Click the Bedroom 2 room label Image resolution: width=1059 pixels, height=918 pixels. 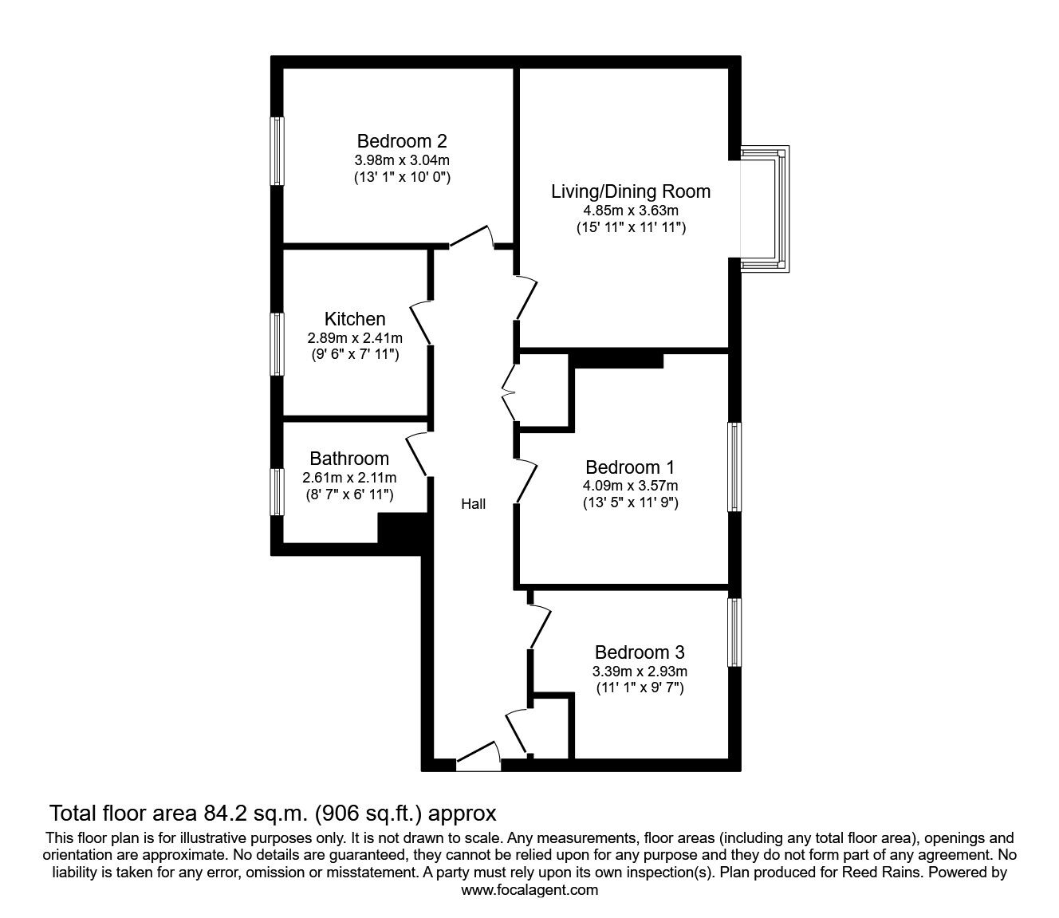[x=402, y=140]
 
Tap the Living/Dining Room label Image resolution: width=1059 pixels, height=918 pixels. [x=631, y=191]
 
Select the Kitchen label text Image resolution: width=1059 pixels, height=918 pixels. [x=355, y=319]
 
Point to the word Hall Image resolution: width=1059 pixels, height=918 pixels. [x=473, y=504]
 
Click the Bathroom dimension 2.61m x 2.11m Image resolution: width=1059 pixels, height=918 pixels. [x=349, y=478]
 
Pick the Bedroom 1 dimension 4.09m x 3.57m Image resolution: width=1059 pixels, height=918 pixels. [x=630, y=486]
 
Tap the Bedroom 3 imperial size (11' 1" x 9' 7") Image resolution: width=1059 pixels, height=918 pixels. [x=640, y=688]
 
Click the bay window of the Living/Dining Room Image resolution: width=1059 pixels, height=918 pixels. [x=765, y=209]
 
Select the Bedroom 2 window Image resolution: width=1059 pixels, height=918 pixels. [x=278, y=151]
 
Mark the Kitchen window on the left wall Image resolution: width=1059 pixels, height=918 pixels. [x=278, y=344]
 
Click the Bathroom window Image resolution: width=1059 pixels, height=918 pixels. [x=278, y=491]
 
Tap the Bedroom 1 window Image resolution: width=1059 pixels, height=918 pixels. [x=734, y=467]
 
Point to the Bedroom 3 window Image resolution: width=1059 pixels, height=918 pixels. [x=734, y=632]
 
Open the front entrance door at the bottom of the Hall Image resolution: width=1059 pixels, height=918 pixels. [x=478, y=756]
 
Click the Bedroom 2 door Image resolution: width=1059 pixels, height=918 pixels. [x=471, y=236]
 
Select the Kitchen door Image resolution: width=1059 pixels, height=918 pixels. [x=421, y=322]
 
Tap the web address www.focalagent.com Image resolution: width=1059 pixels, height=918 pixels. [x=529, y=890]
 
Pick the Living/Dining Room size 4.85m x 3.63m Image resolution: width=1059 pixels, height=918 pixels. [x=631, y=210]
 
